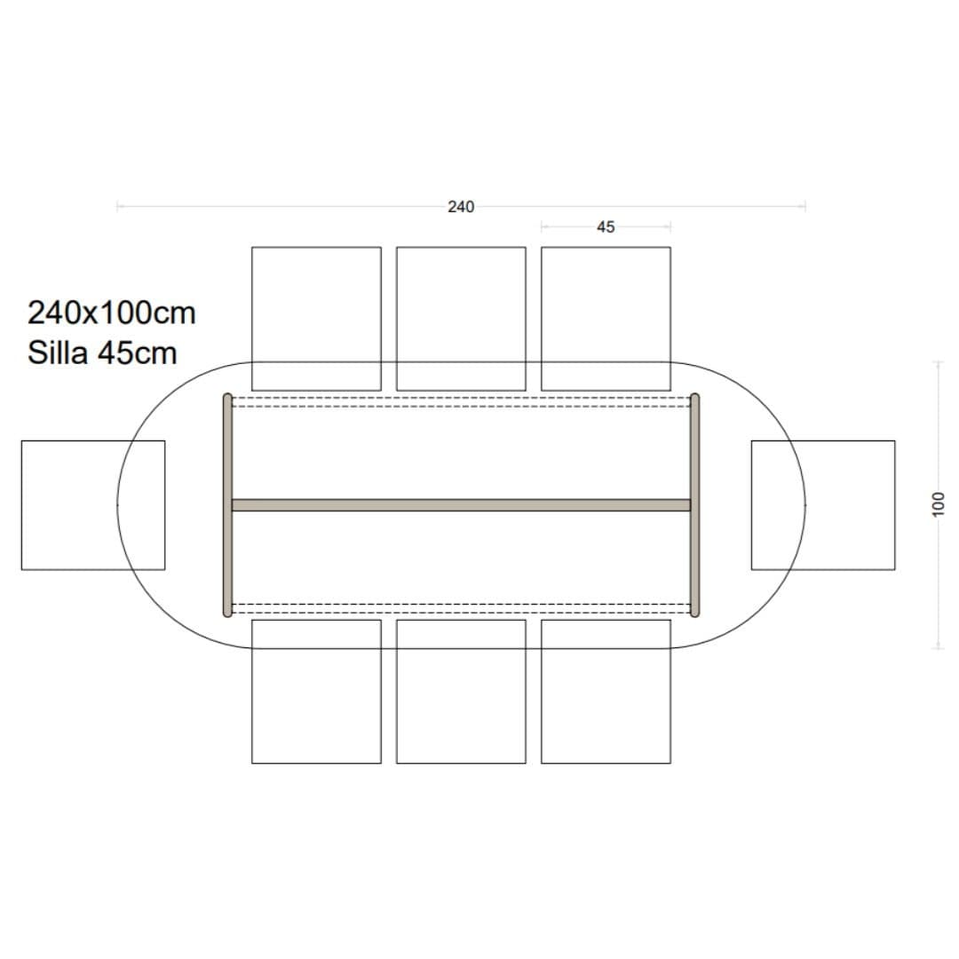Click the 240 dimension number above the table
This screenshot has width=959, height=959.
[x=461, y=207]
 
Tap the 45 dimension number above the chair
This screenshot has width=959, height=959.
[x=606, y=227]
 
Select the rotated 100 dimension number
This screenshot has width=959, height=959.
[x=939, y=504]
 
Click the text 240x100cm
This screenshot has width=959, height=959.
[x=112, y=313]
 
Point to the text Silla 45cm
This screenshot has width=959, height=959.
[x=102, y=353]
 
